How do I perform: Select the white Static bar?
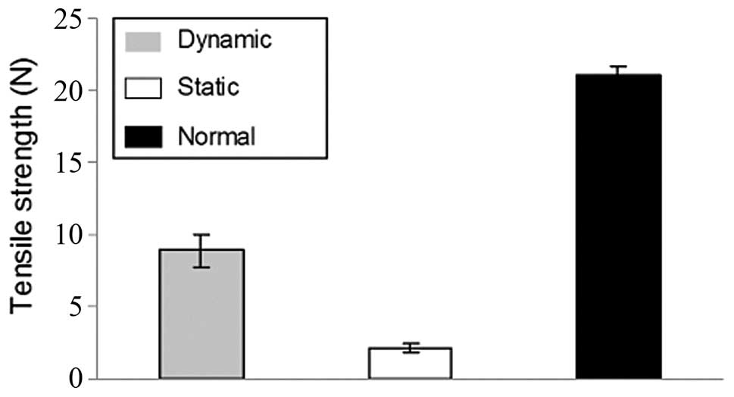[410, 364]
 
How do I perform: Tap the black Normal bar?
[619, 227]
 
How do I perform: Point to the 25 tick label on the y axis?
[75, 19]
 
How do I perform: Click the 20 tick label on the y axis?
[75, 91]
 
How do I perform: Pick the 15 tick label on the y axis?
[75, 163]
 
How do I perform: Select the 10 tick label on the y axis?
[75, 235]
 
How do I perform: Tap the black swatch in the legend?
[142, 137]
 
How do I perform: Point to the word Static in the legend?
[208, 88]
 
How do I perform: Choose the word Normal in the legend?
[217, 137]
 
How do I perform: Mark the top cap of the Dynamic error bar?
[201, 235]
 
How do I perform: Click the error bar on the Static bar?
[410, 348]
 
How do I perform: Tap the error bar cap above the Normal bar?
[619, 67]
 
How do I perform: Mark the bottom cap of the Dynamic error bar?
[201, 267]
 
